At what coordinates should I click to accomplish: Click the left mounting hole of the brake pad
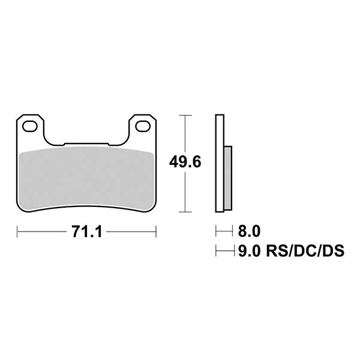tap(29, 126)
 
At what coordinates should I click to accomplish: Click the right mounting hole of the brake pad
tap(143, 126)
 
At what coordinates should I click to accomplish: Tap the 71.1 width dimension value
tap(86, 232)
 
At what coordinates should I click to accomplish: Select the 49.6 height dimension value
tap(185, 161)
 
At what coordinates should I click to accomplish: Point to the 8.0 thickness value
tap(249, 231)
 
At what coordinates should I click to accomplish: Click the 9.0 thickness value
tap(249, 250)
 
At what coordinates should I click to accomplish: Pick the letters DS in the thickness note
tap(334, 250)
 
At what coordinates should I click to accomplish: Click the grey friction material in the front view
tap(86, 178)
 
